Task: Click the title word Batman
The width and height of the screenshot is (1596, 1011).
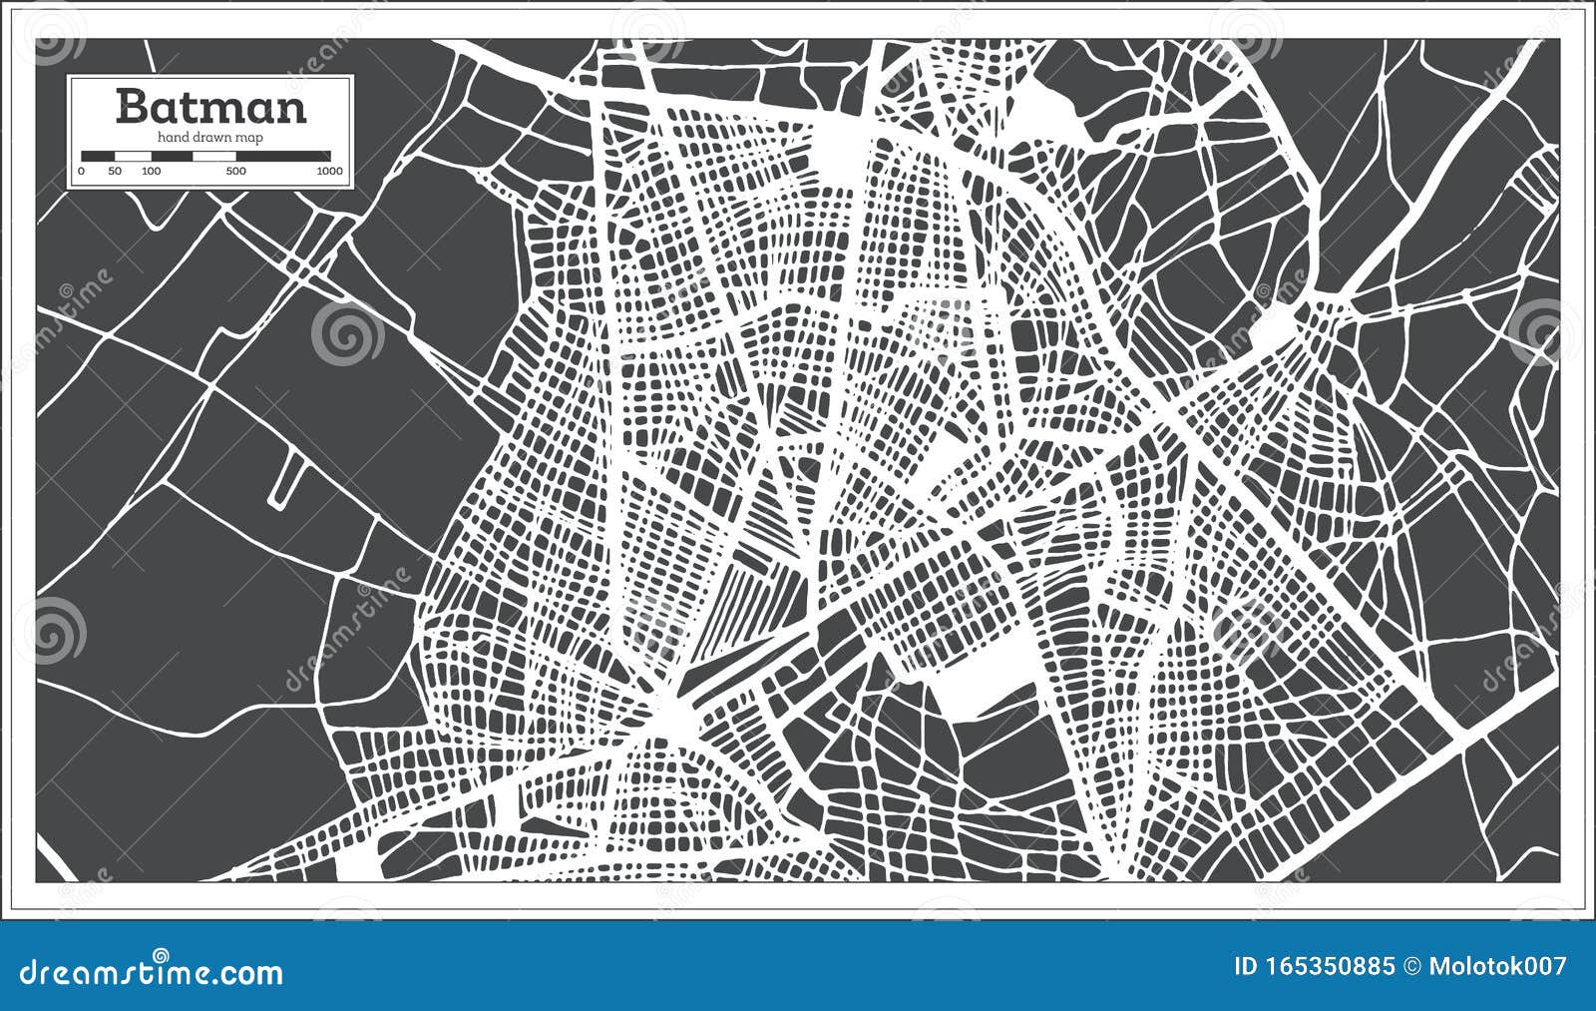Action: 210,106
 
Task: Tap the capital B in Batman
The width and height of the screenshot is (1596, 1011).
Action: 131,106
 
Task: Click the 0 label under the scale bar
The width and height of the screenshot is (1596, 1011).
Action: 81,172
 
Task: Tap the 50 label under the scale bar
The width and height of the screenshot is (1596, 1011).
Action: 116,172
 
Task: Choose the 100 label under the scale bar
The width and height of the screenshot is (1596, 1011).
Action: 152,172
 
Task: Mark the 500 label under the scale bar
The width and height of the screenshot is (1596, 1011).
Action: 236,172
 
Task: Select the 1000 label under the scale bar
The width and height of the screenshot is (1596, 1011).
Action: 329,172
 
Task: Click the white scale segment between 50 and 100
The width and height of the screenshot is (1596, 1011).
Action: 133,156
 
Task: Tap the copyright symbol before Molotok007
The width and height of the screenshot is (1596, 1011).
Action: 1411,966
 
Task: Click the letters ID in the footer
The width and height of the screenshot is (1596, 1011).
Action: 1247,966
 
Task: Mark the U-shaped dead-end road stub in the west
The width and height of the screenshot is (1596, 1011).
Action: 284,481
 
